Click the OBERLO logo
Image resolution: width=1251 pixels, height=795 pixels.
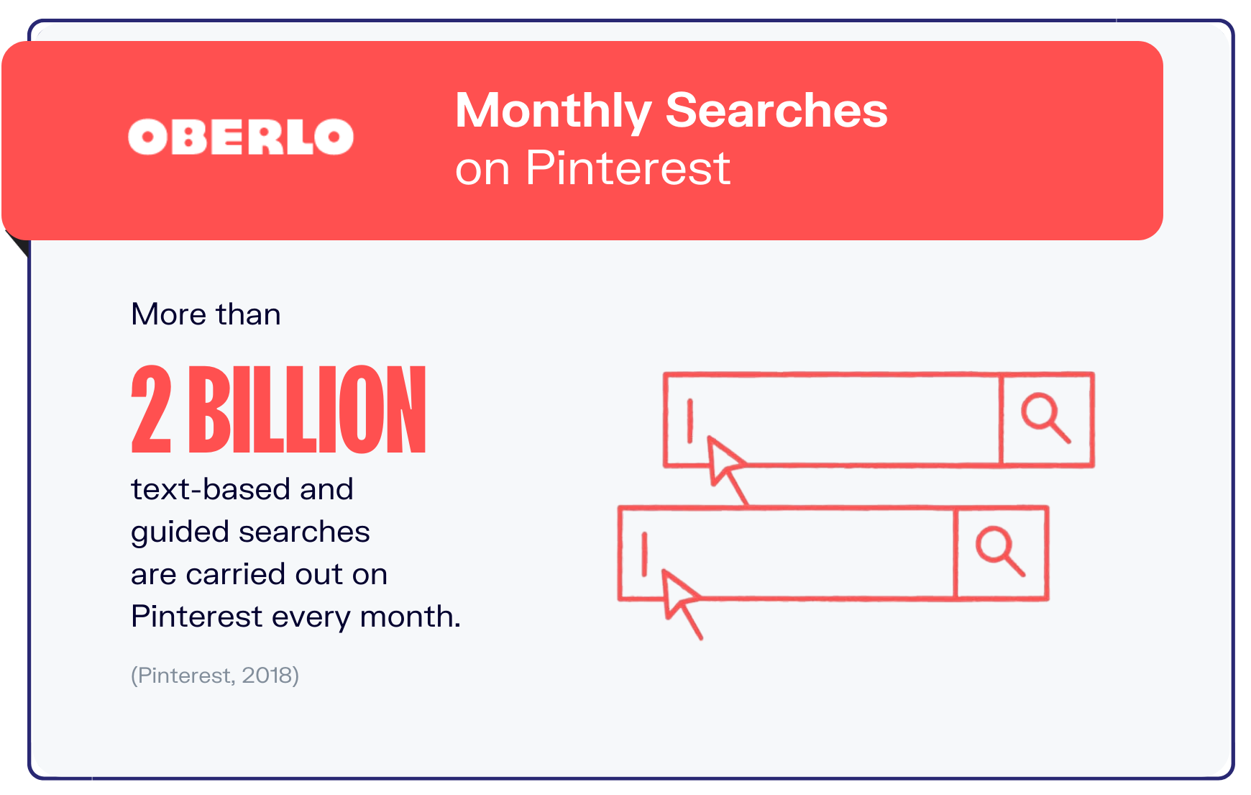point(241,137)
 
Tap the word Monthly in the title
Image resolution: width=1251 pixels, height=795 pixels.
point(553,111)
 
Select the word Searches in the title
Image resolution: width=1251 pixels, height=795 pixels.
point(776,111)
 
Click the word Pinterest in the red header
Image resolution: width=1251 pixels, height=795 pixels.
point(628,168)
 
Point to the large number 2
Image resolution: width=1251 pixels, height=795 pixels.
point(152,410)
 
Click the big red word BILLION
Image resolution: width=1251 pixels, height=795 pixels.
point(308,410)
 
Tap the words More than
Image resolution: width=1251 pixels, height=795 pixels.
point(206,314)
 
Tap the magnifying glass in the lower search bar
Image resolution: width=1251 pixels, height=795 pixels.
point(999,551)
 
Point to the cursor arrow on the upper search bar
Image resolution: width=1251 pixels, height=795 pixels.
point(725,465)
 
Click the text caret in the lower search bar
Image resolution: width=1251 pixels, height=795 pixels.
point(645,554)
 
